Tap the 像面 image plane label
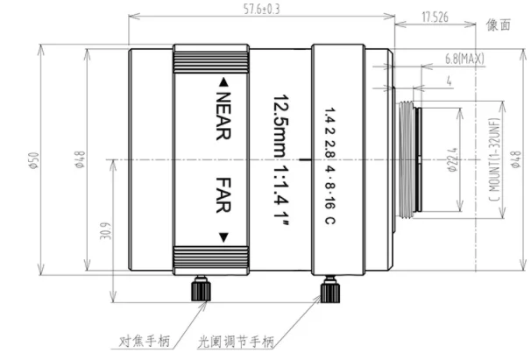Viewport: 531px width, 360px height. click(499, 25)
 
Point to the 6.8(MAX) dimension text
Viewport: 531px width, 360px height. click(464, 59)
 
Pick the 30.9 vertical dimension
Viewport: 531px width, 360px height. click(104, 232)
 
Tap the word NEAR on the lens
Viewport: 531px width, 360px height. click(223, 115)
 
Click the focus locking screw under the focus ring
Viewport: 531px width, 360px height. click(200, 288)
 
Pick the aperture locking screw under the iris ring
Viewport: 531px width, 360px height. click(330, 288)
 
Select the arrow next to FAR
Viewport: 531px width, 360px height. click(223, 235)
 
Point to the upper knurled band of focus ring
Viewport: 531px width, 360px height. click(214, 60)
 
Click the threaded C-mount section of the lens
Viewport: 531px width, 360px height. click(407, 159)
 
